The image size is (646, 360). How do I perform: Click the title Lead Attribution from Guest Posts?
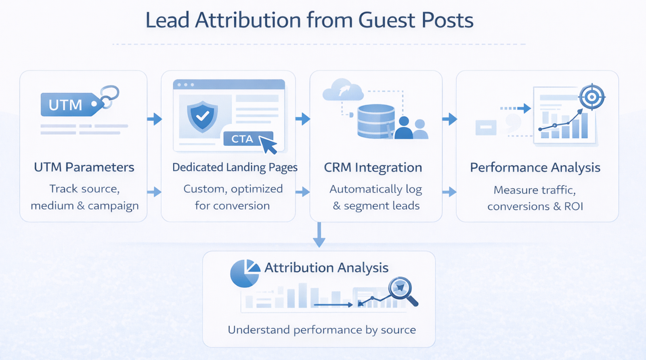click(309, 20)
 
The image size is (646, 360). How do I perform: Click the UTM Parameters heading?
click(84, 167)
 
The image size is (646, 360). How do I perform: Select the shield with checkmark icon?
click(202, 116)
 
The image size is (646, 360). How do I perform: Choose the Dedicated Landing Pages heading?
click(235, 167)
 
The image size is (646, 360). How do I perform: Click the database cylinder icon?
click(375, 121)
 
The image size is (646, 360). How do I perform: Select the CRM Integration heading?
click(373, 167)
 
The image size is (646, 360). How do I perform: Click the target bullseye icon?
click(591, 97)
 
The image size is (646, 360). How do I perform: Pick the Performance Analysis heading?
click(535, 167)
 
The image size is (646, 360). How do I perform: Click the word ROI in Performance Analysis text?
click(573, 206)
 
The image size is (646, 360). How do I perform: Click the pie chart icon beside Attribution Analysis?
click(245, 274)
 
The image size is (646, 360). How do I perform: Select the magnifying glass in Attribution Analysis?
click(401, 290)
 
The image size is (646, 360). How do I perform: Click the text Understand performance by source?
click(322, 330)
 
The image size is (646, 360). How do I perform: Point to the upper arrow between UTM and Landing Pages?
click(154, 119)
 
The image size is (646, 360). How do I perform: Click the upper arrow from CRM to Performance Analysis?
click(449, 119)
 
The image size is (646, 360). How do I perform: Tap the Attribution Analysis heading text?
click(326, 267)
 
